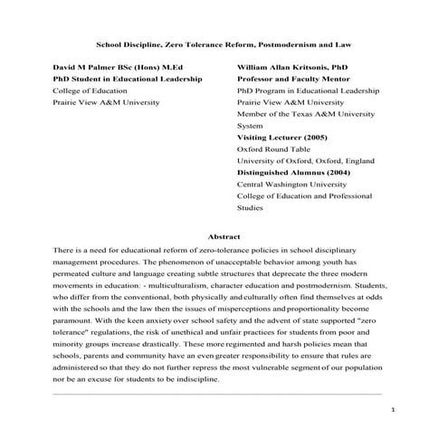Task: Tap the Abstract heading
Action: (x=224, y=235)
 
